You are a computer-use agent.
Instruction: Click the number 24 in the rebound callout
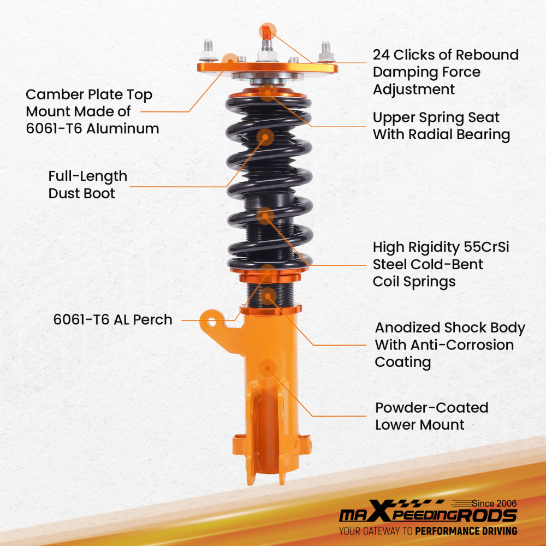tap(382, 55)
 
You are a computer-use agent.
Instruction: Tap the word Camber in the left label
tap(52, 95)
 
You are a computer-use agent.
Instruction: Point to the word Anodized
tap(407, 328)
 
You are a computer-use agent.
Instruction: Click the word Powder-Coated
tap(431, 408)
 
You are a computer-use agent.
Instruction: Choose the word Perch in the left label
tap(152, 320)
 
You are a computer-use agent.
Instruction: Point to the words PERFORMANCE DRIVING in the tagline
tap(466, 531)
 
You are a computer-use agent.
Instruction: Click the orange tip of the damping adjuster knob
tap(266, 31)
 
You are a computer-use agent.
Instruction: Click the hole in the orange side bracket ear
tap(211, 321)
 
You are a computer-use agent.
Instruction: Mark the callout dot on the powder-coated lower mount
tap(267, 367)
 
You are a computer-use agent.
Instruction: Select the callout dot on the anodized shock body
tap(268, 297)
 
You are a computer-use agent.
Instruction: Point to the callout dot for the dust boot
tap(266, 136)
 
